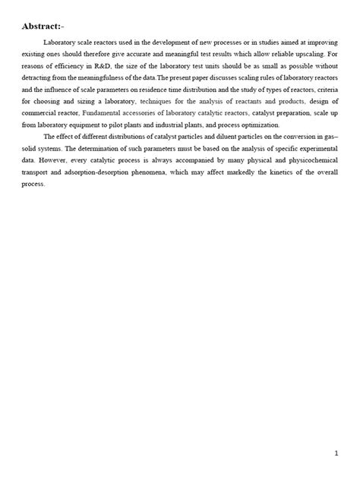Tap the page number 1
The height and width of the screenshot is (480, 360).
click(336, 453)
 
